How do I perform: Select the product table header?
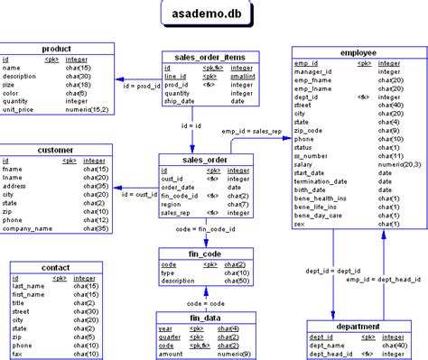click(x=57, y=48)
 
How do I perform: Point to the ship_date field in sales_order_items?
click(x=181, y=100)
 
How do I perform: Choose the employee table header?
click(x=358, y=54)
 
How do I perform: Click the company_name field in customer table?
click(x=29, y=229)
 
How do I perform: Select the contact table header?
click(x=55, y=268)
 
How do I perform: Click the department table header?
click(x=357, y=326)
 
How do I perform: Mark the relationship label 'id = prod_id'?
click(x=141, y=86)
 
